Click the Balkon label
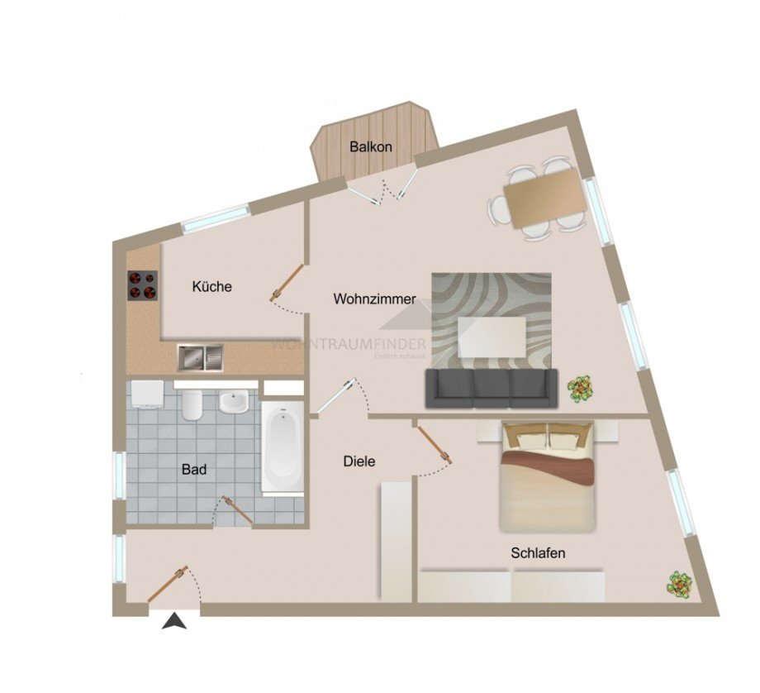tap(370, 146)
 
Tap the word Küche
tap(212, 287)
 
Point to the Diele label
tap(359, 461)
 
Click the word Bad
tap(194, 470)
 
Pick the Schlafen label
tap(538, 553)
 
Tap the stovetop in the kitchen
tap(142, 285)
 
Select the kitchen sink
tap(200, 357)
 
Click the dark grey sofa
tap(491, 388)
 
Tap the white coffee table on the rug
tap(492, 337)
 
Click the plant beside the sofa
tap(580, 388)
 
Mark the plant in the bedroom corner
tap(680, 584)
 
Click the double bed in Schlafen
tap(547, 477)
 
